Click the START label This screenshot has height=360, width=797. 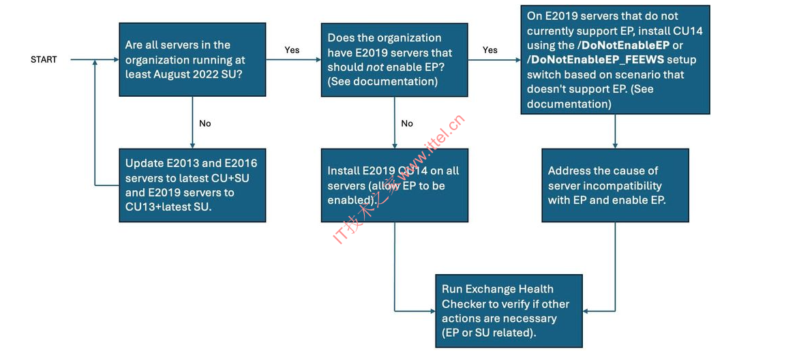[x=44, y=59]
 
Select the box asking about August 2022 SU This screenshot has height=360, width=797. [x=192, y=59]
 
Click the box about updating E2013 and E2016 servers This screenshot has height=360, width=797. [x=192, y=185]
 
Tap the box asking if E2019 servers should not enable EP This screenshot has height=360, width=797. [x=395, y=59]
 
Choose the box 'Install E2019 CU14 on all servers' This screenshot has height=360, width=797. [x=395, y=185]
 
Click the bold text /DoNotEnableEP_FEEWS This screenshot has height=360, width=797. [x=596, y=59]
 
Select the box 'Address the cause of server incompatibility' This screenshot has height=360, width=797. [x=615, y=185]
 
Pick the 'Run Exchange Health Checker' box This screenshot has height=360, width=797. [x=509, y=311]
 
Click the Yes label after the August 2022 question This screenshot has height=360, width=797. [x=292, y=50]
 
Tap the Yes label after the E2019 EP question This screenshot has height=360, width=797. [x=490, y=50]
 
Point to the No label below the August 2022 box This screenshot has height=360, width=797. [x=205, y=123]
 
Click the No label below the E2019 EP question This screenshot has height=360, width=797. [x=407, y=123]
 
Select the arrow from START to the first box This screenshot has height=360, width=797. [x=95, y=59]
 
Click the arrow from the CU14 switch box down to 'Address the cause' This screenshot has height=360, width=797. [x=615, y=131]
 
